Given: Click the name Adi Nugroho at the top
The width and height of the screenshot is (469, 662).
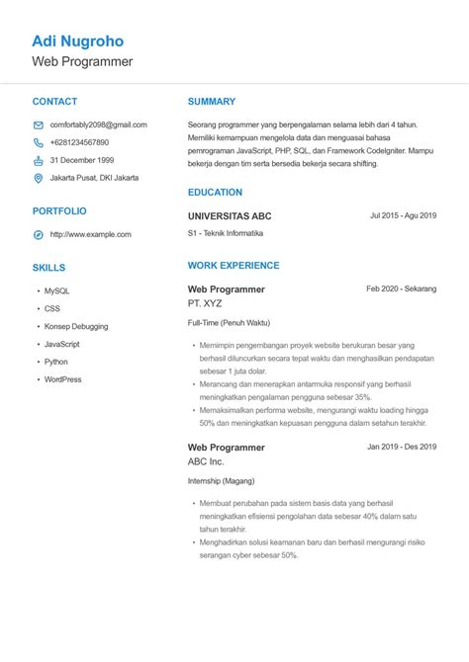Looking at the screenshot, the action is [77, 41].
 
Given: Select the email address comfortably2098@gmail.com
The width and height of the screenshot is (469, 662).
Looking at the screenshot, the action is [98, 124].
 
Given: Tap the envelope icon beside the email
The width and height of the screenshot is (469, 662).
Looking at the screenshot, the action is [39, 125].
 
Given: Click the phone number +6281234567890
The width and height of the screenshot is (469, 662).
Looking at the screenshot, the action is [79, 142].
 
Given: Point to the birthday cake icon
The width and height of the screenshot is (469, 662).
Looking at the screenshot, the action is [39, 160].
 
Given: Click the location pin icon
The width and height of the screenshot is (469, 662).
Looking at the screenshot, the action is [39, 178].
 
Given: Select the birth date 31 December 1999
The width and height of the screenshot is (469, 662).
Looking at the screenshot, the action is [81, 160].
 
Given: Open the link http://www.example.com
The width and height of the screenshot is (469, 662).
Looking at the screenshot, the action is [90, 234].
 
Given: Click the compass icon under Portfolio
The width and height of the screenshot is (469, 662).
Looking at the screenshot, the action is [39, 234].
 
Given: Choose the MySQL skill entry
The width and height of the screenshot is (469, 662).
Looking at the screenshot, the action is [56, 290].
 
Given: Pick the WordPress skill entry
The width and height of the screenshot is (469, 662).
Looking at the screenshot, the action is [62, 379].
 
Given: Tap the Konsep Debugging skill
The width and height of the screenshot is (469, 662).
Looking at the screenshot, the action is [76, 326].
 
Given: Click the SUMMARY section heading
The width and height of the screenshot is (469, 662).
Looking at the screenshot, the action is [212, 101].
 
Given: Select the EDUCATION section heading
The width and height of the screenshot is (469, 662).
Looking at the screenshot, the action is [215, 192].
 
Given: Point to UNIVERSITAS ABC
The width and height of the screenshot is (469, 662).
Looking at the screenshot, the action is [229, 215].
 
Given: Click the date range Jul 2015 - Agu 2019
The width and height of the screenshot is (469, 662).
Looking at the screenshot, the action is [403, 214].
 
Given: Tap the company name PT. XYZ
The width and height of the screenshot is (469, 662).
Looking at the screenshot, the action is [205, 303].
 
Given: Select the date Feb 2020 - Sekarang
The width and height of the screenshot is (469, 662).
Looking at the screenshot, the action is [401, 289].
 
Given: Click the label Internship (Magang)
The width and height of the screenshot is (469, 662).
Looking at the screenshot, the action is [221, 481].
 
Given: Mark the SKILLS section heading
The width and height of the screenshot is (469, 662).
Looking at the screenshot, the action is [48, 267].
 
